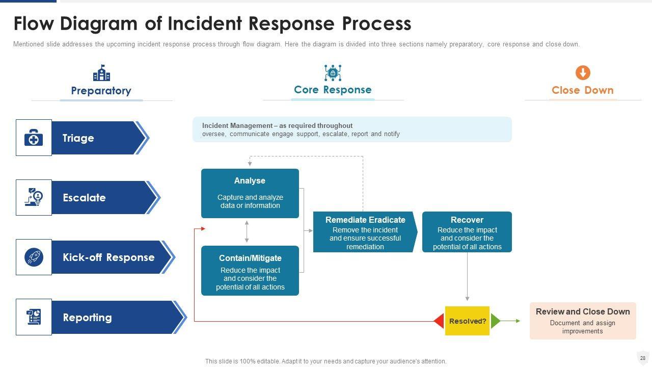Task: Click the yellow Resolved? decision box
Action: pyautogui.click(x=467, y=321)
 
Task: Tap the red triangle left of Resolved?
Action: pyautogui.click(x=439, y=321)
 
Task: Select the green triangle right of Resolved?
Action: pyautogui.click(x=495, y=321)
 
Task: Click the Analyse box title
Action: pyautogui.click(x=250, y=181)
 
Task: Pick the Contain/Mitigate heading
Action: pyautogui.click(x=250, y=258)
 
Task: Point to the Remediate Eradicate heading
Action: pyautogui.click(x=365, y=220)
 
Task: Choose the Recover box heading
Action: pyautogui.click(x=467, y=220)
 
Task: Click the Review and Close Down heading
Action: pyautogui.click(x=583, y=311)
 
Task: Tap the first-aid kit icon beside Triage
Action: pyautogui.click(x=34, y=138)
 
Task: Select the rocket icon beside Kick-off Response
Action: pyautogui.click(x=34, y=257)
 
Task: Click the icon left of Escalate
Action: pyautogui.click(x=34, y=197)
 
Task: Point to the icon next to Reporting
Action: pyautogui.click(x=34, y=317)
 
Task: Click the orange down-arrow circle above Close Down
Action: pyautogui.click(x=583, y=72)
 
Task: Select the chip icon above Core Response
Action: pyautogui.click(x=333, y=73)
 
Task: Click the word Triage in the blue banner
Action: pyautogui.click(x=78, y=138)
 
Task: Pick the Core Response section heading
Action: pyautogui.click(x=333, y=90)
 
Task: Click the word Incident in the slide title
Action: pyautogui.click(x=206, y=24)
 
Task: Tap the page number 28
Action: pyautogui.click(x=643, y=358)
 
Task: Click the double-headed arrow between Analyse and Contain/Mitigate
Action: pyautogui.click(x=247, y=231)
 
